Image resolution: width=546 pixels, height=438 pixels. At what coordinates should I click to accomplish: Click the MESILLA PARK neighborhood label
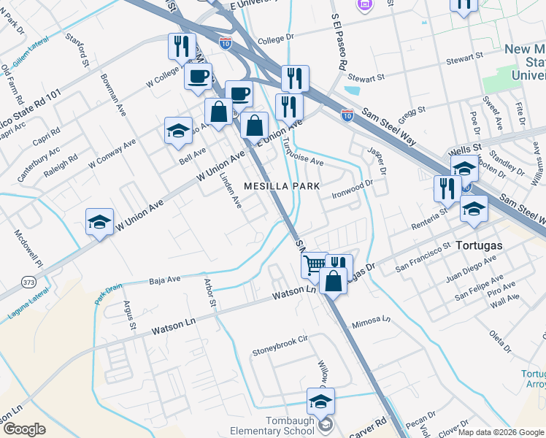coord(282,186)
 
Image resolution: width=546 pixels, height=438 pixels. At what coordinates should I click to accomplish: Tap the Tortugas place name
coord(479,245)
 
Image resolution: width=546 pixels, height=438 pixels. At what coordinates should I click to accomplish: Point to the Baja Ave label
coord(164,280)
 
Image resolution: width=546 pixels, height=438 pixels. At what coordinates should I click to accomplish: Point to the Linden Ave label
coord(232,189)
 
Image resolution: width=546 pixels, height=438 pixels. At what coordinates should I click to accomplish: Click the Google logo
coord(24,429)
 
